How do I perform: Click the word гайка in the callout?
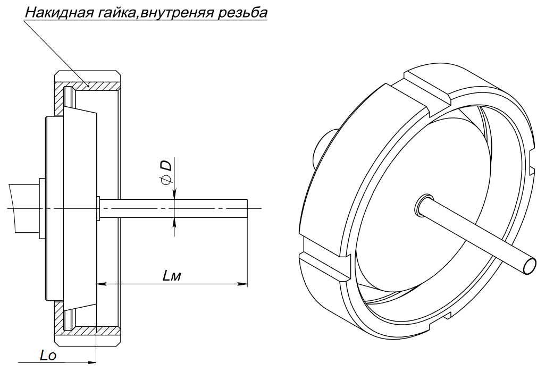pyautogui.click(x=116, y=12)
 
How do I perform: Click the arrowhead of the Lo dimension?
pyautogui.click(x=91, y=362)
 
